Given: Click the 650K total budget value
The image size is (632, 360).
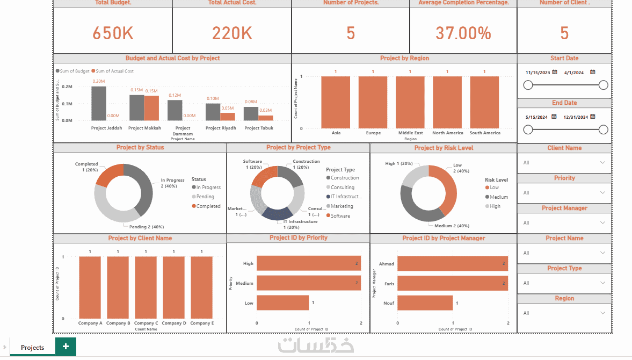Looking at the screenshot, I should pos(113,33).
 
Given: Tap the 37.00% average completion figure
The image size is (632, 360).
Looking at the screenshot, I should pos(463,33).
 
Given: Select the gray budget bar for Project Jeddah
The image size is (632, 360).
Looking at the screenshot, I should pos(99,103).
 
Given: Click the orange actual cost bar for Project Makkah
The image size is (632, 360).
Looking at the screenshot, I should pos(151,107).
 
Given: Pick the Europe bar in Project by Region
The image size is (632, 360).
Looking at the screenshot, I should pos(373,102).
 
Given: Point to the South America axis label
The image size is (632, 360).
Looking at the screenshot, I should pos(484,133).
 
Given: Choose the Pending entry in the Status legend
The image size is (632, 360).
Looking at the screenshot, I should pos(205,197).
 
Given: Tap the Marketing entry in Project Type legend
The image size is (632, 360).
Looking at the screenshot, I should pos(342,206).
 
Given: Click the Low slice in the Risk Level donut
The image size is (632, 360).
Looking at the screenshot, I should pos(448,188).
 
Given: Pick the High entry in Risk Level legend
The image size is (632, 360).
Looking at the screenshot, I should pos(495,206).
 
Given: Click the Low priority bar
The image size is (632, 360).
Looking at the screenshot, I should pos(282,303).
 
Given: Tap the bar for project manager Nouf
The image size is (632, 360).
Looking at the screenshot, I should pos(424,303).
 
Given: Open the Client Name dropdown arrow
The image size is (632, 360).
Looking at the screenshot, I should pos(602,163).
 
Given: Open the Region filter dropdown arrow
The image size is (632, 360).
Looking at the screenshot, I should pos(602,313).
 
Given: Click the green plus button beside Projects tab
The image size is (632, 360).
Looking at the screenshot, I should pos(66,347).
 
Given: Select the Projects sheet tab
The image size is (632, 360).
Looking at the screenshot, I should pos(32,348).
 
